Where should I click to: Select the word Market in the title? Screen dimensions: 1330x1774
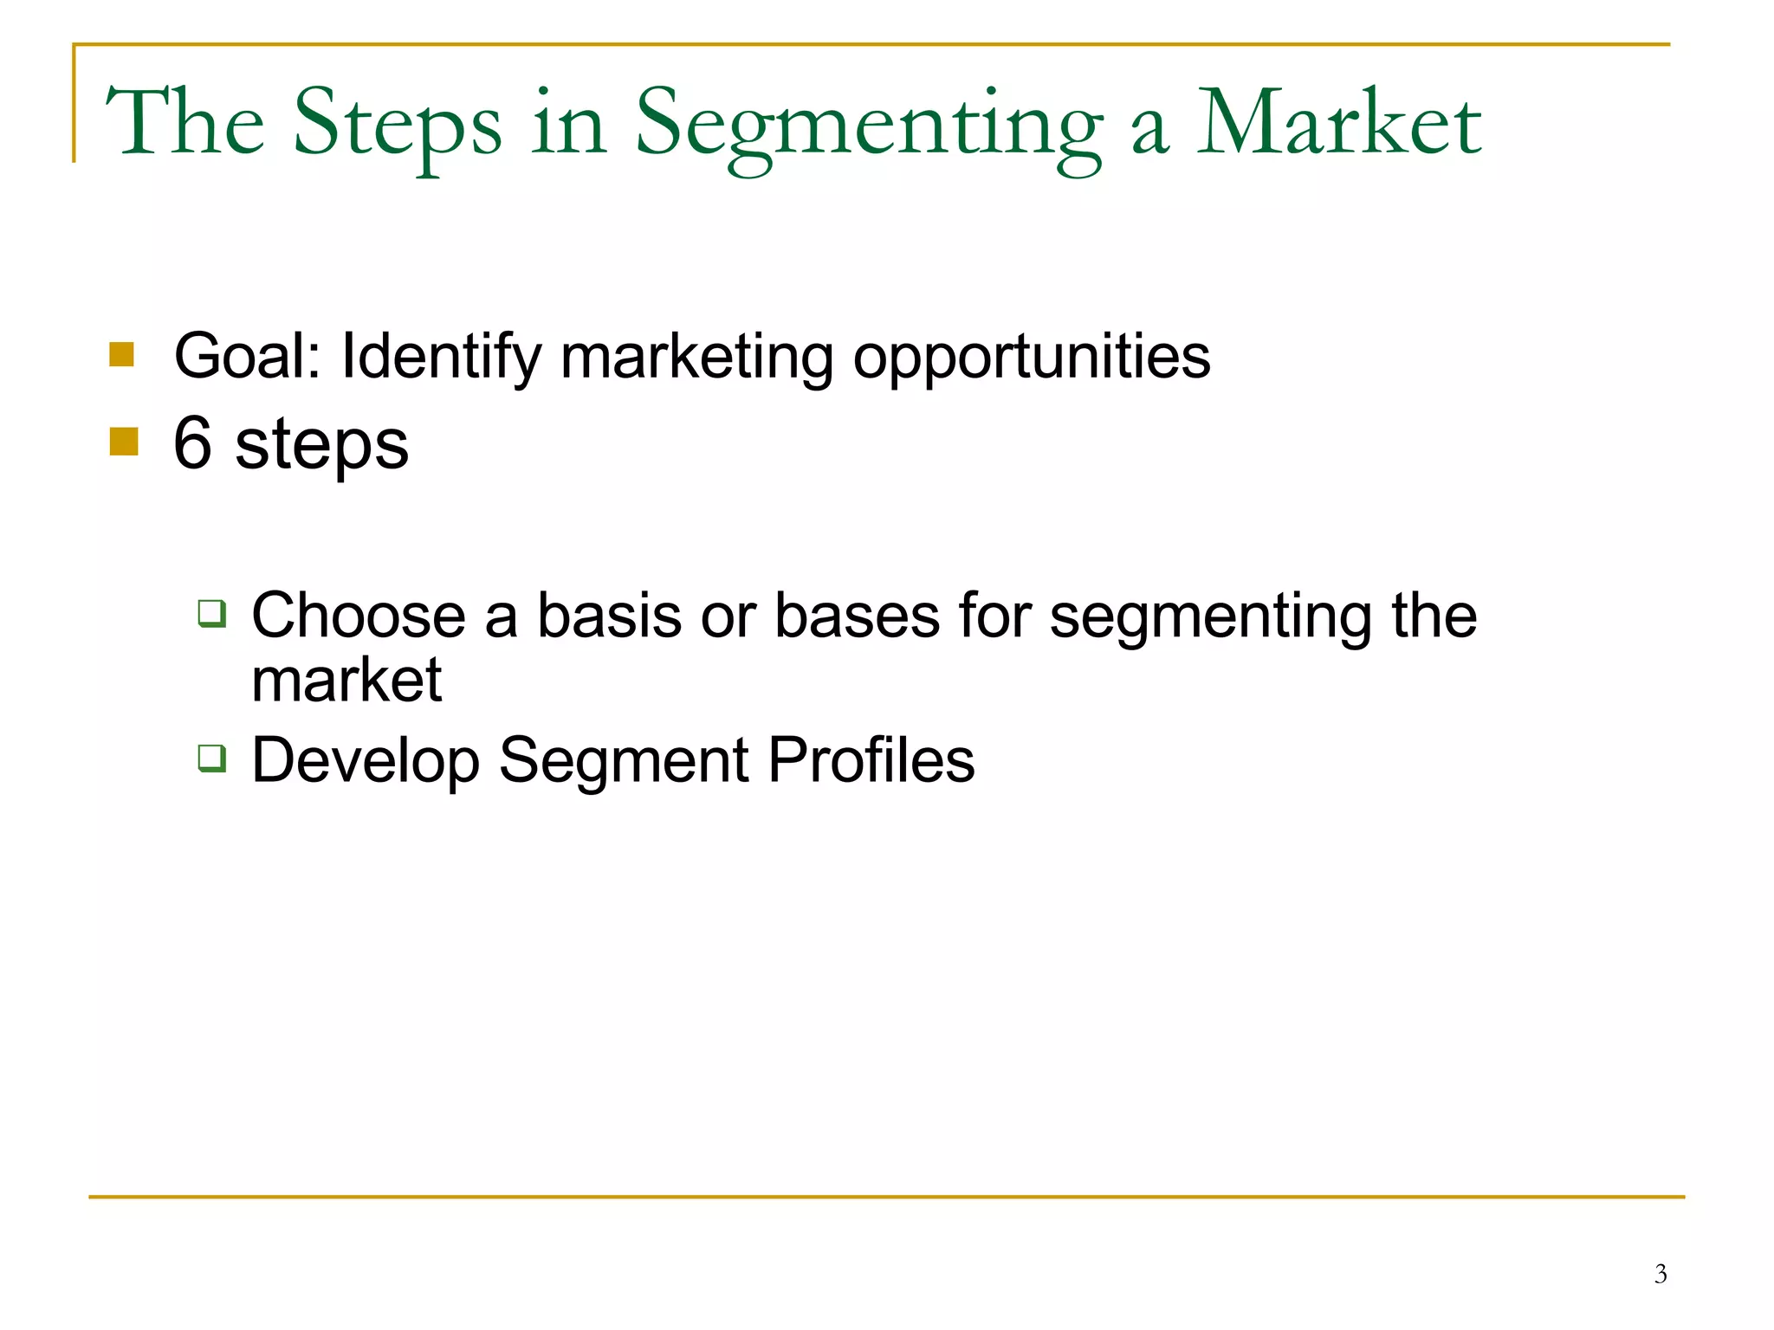coord(1339,126)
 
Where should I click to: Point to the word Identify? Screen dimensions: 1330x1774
coord(441,356)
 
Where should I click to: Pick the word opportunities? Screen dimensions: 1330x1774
coord(1032,358)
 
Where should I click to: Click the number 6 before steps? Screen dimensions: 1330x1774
coord(192,443)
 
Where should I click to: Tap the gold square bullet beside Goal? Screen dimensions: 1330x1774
coord(121,354)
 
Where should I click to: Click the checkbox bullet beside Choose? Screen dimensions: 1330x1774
coord(212,613)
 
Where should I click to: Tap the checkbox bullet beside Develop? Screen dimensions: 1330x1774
coord(212,758)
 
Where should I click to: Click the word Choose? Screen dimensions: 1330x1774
coord(359,616)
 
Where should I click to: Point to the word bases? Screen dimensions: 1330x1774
coord(857,616)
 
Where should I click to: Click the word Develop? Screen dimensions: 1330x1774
coord(365,761)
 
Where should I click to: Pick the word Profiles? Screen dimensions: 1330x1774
coord(871,760)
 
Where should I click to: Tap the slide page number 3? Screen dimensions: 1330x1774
coord(1660,1274)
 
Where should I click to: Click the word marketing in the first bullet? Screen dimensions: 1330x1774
coord(696,356)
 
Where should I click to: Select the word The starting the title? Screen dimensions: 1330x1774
coord(185,126)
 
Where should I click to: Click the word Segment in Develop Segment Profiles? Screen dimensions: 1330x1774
coord(624,760)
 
